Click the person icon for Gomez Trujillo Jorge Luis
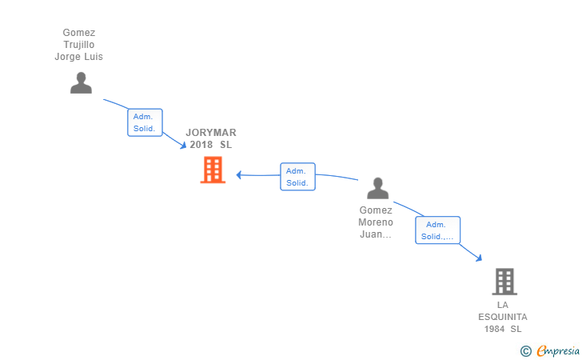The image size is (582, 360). [x=81, y=82]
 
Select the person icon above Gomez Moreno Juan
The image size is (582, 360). [x=377, y=188]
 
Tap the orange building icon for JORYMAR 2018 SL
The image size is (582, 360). [x=213, y=170]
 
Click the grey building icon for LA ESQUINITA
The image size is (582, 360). [x=504, y=281]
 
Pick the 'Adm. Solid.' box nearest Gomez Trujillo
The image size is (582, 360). [x=145, y=122]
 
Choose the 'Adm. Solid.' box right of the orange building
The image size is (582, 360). [x=297, y=177]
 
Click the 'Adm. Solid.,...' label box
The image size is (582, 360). [x=437, y=230]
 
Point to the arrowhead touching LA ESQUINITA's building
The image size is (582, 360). [x=479, y=258]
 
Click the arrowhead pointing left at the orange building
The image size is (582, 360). [x=239, y=175]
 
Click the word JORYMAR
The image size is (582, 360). [x=211, y=133]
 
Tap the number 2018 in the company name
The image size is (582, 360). [x=201, y=145]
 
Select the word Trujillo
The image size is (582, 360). [x=78, y=45]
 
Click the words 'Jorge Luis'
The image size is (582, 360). [x=78, y=57]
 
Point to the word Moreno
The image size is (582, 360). [x=376, y=222]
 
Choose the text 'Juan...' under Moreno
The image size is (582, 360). [x=376, y=234]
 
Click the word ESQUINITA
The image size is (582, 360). [x=503, y=317]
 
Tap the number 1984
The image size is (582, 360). [x=494, y=329]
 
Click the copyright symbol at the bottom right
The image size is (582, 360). [x=525, y=350]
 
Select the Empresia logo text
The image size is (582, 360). [x=558, y=350]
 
